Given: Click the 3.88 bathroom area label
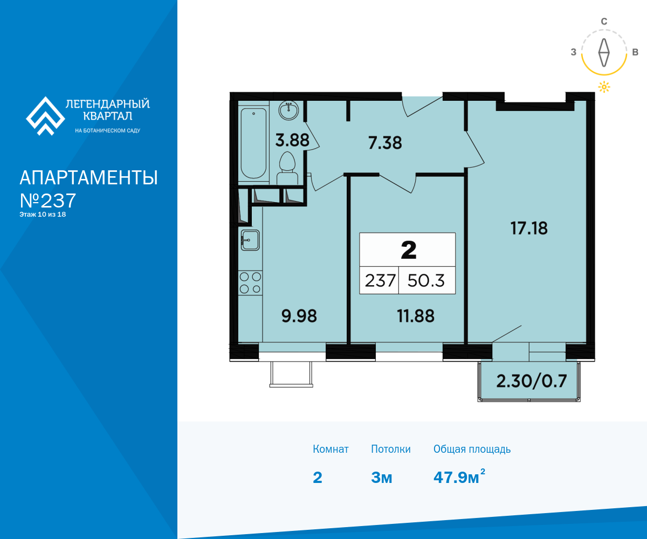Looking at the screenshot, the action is pyautogui.click(x=292, y=140).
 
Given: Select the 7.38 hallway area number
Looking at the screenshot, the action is pyautogui.click(x=385, y=143).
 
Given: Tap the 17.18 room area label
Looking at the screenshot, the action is pyautogui.click(x=529, y=229).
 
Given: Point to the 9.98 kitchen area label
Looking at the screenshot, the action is pyautogui.click(x=299, y=316).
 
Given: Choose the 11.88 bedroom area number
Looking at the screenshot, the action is pyautogui.click(x=416, y=316).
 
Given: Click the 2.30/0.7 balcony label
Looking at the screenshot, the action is pyautogui.click(x=532, y=381).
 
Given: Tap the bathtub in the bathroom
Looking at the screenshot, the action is pyautogui.click(x=253, y=143).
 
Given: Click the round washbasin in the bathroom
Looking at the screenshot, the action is pyautogui.click(x=288, y=110).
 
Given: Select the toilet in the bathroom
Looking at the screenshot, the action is pyautogui.click(x=287, y=168).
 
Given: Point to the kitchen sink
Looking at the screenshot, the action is pyautogui.click(x=250, y=240).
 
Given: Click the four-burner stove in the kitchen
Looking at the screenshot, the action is pyautogui.click(x=250, y=283).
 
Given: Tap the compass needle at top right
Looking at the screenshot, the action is pyautogui.click(x=604, y=53).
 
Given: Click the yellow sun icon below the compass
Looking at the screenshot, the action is pyautogui.click(x=604, y=87).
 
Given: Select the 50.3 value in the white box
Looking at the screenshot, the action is pyautogui.click(x=426, y=281).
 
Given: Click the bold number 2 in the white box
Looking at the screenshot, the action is pyautogui.click(x=408, y=250).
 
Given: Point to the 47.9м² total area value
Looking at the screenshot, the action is pyautogui.click(x=459, y=476).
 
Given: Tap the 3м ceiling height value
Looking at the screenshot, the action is pyautogui.click(x=381, y=478).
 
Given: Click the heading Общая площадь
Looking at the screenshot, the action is pyautogui.click(x=472, y=449).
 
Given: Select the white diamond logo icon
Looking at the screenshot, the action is pyautogui.click(x=45, y=116).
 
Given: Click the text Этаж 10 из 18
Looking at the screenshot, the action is pyautogui.click(x=43, y=215).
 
